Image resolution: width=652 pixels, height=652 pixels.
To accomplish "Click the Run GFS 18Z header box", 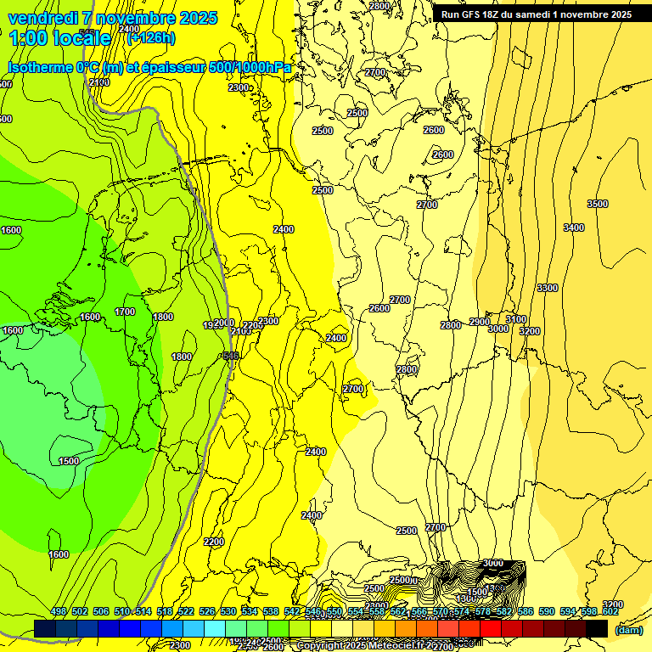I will [x=536, y=14].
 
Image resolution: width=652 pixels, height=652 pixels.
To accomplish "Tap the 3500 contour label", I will [x=598, y=204].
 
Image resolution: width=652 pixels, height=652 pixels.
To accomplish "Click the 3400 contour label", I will [x=574, y=228].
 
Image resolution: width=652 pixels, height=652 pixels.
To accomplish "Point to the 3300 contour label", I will [x=548, y=288].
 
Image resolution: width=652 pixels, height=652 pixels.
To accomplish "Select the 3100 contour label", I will [x=516, y=319].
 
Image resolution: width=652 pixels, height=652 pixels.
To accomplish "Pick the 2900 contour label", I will [x=479, y=322].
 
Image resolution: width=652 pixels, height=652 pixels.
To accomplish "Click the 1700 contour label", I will [x=125, y=312].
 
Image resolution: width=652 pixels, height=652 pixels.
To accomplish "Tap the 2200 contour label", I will [x=214, y=542].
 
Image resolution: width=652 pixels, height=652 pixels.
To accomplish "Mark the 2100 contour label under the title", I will [x=99, y=82].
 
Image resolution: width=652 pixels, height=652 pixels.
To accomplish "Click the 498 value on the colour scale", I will [x=59, y=611].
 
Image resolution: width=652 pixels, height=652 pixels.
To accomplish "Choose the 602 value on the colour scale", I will [x=610, y=611].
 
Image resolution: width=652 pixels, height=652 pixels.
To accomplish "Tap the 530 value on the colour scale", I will [x=228, y=611].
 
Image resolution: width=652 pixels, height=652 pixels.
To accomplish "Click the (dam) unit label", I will [x=628, y=629].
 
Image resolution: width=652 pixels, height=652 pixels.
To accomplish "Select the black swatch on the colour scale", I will [x=597, y=628].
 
